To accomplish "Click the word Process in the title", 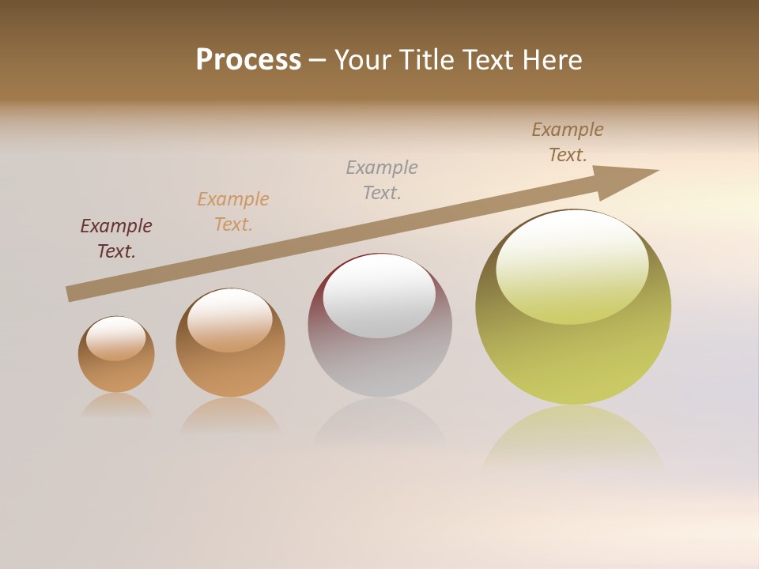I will [248, 60].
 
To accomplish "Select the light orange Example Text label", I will [233, 212].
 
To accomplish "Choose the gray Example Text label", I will [382, 180].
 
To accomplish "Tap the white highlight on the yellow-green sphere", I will [572, 265].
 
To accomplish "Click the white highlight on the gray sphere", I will [379, 296].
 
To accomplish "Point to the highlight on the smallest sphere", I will [116, 338].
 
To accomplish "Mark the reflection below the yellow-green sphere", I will [573, 435].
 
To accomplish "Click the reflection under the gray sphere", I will [379, 423].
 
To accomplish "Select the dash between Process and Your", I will [317, 60].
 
